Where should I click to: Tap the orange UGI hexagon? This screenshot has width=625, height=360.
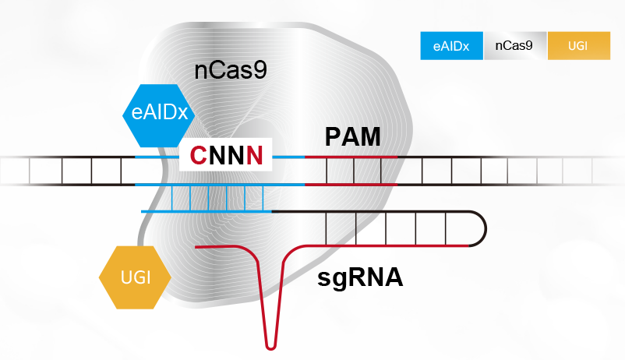point(135,277)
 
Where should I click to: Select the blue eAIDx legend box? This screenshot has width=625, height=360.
point(451,46)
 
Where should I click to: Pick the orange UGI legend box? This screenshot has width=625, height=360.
point(577,46)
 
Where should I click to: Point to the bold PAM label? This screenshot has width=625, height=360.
point(352,139)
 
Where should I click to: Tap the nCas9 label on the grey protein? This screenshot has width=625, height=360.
point(231,71)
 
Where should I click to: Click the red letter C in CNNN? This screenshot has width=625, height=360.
point(199,157)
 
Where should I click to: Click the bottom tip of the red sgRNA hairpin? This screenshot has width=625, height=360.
point(270,345)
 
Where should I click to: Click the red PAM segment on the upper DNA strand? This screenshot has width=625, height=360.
point(351,157)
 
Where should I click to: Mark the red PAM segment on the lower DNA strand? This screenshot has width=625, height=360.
point(351,185)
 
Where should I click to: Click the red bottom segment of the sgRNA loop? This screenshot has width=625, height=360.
point(390,245)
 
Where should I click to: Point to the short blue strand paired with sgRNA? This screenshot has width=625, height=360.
point(207,211)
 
